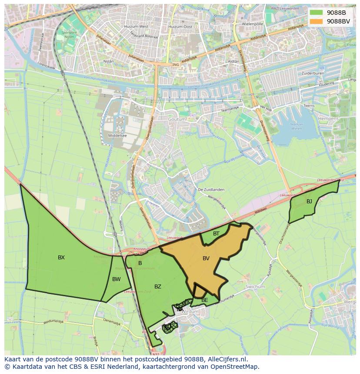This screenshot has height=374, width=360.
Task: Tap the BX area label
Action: [61, 258]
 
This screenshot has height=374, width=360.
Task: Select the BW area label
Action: [116, 279]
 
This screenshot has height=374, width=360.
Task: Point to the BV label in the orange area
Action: [206, 258]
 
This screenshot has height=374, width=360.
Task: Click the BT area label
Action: [216, 234]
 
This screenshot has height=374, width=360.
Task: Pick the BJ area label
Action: [309, 202]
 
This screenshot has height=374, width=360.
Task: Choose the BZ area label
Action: [158, 287]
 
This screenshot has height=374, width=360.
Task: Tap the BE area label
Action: [204, 300]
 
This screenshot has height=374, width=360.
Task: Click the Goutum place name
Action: [177, 119]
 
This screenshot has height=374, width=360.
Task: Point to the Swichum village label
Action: [255, 287]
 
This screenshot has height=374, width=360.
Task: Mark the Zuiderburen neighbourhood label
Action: [313, 73]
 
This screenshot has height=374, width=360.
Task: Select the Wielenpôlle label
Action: [253, 24]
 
